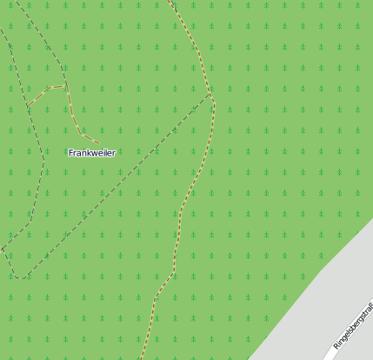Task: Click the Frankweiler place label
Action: (92, 153)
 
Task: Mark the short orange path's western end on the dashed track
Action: (27, 106)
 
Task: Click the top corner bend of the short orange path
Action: (64, 85)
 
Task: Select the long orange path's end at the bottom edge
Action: (141, 358)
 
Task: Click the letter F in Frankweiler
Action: (71, 153)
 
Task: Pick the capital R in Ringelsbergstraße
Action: (336, 346)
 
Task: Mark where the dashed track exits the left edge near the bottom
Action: (2, 250)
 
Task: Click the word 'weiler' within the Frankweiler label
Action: (103, 153)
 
